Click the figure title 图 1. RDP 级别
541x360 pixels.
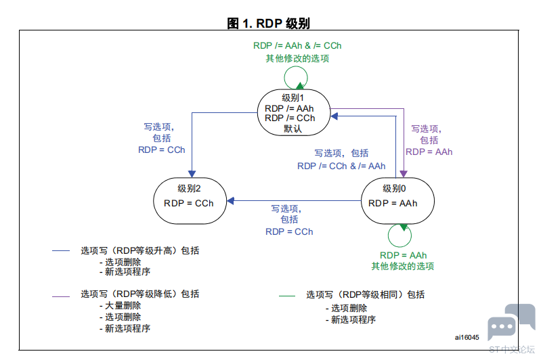[268, 24]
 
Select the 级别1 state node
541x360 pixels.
[294, 112]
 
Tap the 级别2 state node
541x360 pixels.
[190, 201]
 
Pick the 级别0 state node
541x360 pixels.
[397, 201]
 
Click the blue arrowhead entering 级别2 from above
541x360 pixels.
[192, 174]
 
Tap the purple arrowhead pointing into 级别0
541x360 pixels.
[404, 174]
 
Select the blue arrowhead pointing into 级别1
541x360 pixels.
[334, 116]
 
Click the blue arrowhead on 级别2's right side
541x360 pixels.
[230, 201]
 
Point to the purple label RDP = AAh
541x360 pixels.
[429, 152]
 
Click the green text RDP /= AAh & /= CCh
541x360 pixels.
[297, 45]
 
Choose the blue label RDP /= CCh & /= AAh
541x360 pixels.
[341, 166]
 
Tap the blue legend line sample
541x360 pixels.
[61, 250]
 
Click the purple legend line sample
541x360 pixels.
[61, 296]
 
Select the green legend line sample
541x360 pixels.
[287, 296]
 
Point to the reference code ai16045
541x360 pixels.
[467, 337]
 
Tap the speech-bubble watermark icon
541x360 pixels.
[511, 322]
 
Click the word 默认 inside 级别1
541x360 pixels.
[293, 129]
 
